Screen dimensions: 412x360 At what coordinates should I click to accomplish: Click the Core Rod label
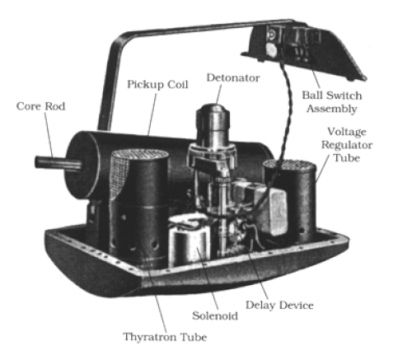point(40,106)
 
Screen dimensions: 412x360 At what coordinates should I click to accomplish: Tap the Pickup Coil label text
point(157,84)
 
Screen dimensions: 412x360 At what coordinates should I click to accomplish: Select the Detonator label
point(233,77)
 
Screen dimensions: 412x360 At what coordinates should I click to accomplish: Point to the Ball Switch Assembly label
point(332,102)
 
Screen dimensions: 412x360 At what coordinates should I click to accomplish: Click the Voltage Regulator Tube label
point(347,145)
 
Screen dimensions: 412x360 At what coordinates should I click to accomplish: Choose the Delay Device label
point(279,305)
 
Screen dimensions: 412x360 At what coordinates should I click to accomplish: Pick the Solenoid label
point(215,316)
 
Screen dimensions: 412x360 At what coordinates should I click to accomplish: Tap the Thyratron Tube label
point(165,337)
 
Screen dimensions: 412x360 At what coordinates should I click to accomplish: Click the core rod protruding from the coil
point(58,162)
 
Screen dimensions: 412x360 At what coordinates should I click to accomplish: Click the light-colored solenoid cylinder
point(189,241)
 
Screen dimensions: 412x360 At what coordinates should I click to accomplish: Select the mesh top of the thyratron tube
point(139,154)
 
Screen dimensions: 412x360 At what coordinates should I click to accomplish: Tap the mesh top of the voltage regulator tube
point(289,166)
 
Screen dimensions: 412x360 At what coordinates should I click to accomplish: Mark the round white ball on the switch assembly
point(271,50)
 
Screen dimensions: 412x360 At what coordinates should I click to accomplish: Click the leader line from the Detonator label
point(218,95)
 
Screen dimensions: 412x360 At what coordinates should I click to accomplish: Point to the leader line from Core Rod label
point(49,135)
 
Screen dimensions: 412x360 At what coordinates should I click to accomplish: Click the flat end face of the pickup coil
point(80,165)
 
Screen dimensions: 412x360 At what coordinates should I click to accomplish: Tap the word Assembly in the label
point(332,109)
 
